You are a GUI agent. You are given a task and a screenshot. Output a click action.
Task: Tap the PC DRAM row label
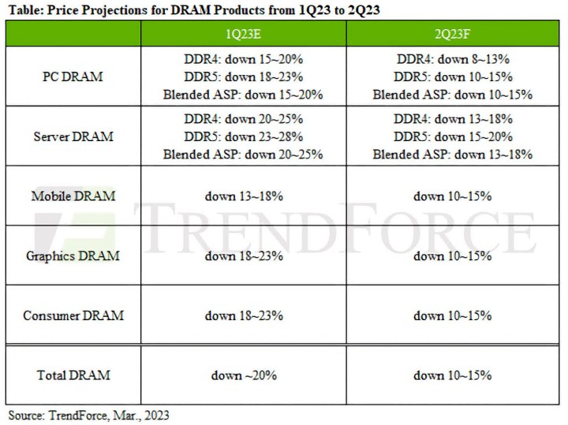(x=73, y=77)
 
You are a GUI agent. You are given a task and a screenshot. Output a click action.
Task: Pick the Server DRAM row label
(x=73, y=136)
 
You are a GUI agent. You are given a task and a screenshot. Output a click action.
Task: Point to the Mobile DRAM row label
(x=73, y=196)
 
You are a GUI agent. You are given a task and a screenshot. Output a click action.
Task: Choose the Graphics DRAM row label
(x=73, y=255)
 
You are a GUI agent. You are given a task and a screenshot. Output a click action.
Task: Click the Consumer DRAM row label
(x=73, y=315)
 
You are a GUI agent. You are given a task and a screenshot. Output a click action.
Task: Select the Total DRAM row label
(x=73, y=375)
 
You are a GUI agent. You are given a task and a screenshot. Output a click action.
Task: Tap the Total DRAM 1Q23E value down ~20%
(x=243, y=375)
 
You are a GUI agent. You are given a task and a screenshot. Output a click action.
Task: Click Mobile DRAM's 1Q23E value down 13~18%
(x=243, y=196)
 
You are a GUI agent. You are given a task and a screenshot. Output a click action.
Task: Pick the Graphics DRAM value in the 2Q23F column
(x=452, y=255)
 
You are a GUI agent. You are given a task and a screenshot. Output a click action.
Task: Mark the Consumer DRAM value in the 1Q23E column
(x=243, y=315)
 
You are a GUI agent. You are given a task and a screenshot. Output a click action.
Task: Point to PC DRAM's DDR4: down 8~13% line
(x=452, y=60)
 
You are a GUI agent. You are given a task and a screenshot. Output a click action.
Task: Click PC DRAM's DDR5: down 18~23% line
(x=243, y=77)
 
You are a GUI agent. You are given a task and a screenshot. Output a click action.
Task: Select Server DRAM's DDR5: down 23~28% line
(x=243, y=136)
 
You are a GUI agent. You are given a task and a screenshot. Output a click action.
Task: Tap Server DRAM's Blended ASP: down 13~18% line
(x=452, y=154)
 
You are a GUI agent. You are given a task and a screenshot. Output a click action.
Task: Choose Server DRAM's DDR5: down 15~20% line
(x=452, y=136)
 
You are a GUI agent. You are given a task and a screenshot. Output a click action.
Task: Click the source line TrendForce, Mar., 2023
(x=88, y=415)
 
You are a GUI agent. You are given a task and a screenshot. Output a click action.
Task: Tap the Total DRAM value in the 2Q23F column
(x=452, y=375)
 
